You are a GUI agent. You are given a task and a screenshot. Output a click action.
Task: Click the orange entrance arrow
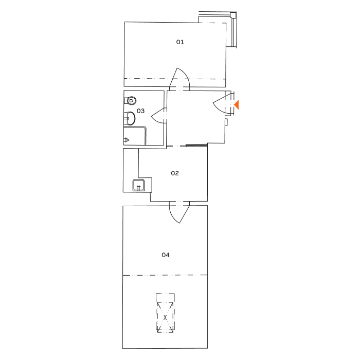tap(237, 105)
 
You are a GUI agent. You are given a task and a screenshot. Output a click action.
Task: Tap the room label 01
tap(180, 42)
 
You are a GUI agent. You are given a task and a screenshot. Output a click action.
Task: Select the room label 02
tap(175, 173)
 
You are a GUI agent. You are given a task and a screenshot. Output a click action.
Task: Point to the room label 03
tap(140, 111)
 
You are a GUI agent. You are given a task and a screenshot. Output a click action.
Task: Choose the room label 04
tap(166, 255)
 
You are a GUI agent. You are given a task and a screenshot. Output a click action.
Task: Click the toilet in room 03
tap(131, 101)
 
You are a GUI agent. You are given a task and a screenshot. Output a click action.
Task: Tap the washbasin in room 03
tap(129, 119)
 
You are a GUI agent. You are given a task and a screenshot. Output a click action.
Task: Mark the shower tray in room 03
tap(134, 136)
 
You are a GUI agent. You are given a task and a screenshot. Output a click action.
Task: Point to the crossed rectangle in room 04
tap(165, 313)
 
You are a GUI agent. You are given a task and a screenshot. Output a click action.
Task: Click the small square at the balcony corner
tap(233, 15)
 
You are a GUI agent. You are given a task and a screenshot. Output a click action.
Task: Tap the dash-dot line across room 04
tap(165, 275)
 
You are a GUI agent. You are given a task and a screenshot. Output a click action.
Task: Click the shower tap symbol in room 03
tap(127, 139)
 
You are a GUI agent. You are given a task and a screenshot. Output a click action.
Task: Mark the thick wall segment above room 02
tap(196, 146)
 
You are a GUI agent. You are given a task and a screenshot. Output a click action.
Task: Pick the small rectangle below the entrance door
tap(226, 122)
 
